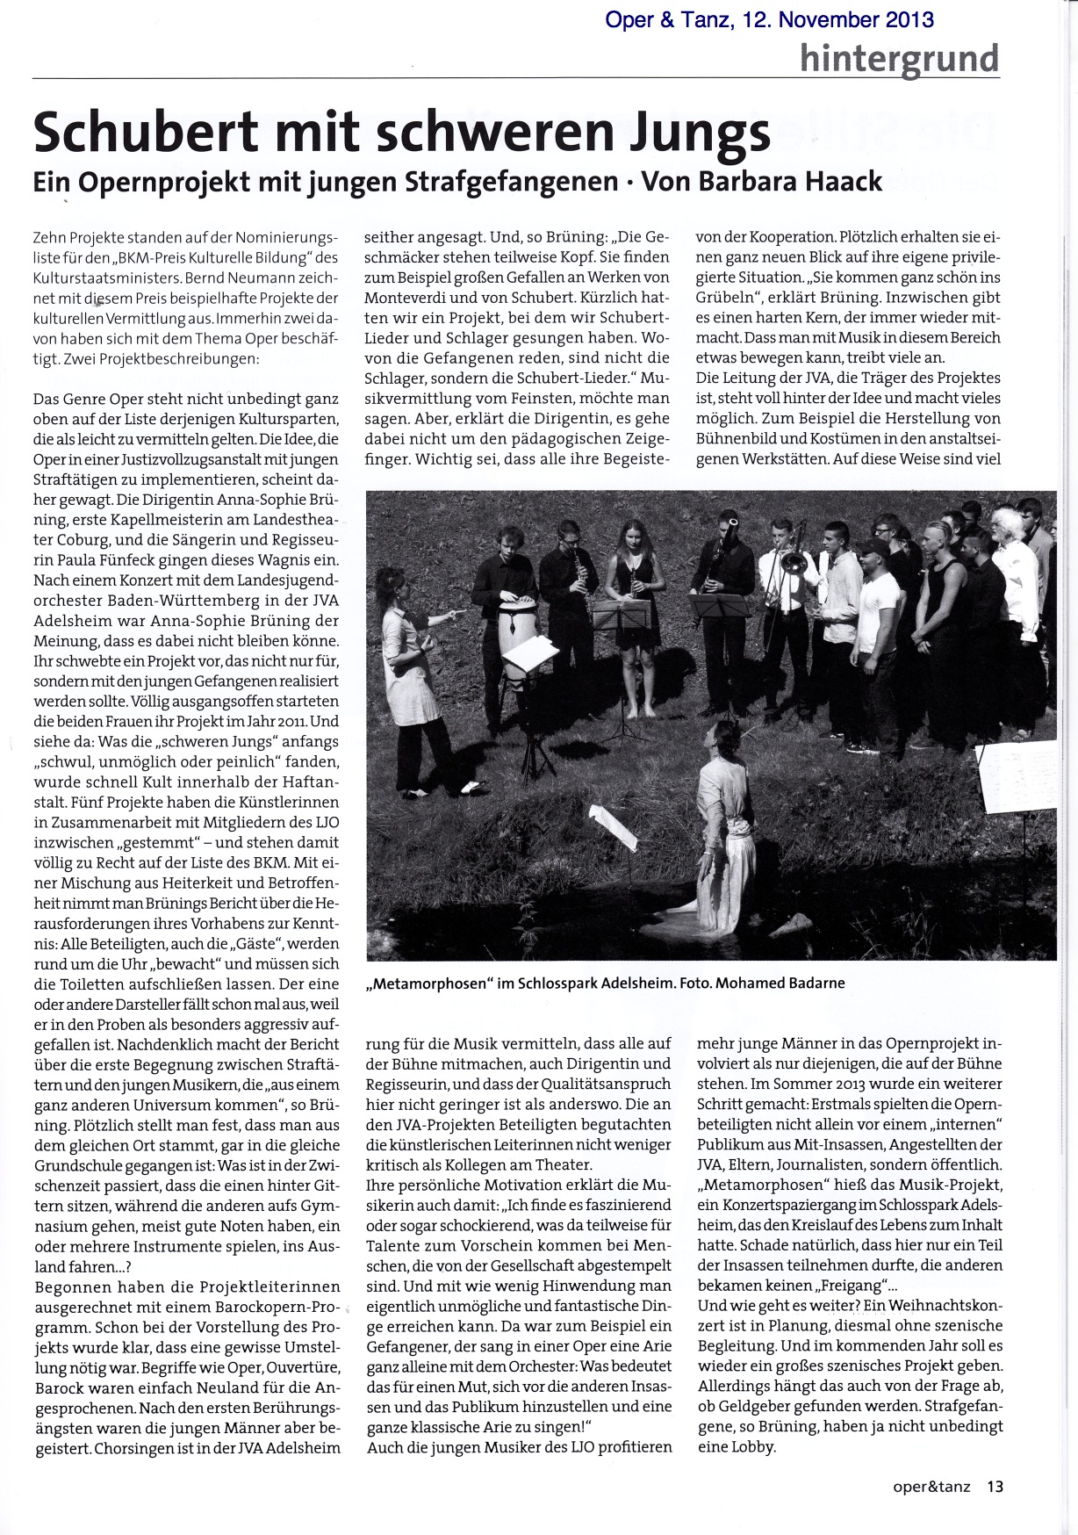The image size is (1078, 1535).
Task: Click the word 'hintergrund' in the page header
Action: pyautogui.click(x=899, y=58)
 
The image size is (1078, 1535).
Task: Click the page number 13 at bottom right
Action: pyautogui.click(x=995, y=1487)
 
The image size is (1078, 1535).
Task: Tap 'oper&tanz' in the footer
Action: pyautogui.click(x=931, y=1487)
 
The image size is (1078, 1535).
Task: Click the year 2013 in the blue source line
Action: pyautogui.click(x=905, y=18)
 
